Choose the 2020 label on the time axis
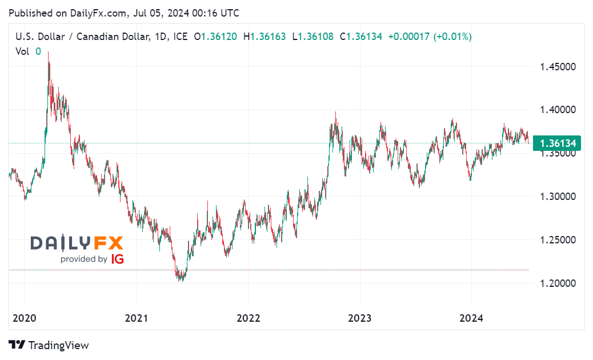pos(25,318)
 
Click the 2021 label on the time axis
pos(137,318)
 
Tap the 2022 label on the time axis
pos(249,318)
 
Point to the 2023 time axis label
pos(359,318)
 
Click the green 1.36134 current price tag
pos(556,143)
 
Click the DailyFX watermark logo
pos(77,243)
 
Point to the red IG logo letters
pos(117,259)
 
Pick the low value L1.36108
pos(313,37)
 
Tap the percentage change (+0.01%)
pos(452,37)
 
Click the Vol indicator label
pos(22,51)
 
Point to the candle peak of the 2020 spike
pos(48,52)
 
